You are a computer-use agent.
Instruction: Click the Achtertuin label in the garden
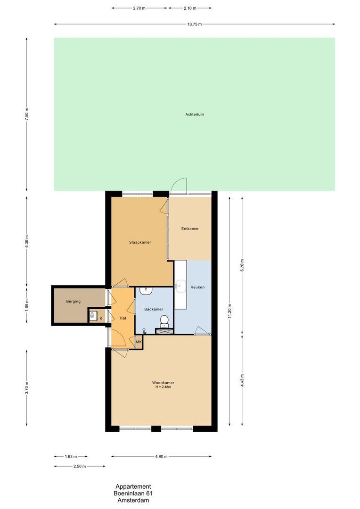pyautogui.click(x=195, y=114)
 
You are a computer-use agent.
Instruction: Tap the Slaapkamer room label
pyautogui.click(x=140, y=242)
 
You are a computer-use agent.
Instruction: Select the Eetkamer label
pyautogui.click(x=190, y=229)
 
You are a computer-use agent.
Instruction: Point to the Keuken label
pyautogui.click(x=197, y=287)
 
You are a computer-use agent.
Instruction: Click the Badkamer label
pyautogui.click(x=154, y=309)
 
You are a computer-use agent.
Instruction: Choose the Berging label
pyautogui.click(x=73, y=301)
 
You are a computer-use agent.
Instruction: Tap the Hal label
pyautogui.click(x=123, y=318)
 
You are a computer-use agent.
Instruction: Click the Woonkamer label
pyautogui.click(x=163, y=382)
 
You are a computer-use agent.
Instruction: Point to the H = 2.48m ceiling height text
pyautogui.click(x=163, y=387)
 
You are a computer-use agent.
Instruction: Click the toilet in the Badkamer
pyautogui.click(x=164, y=320)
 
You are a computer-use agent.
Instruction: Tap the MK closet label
pyautogui.click(x=139, y=342)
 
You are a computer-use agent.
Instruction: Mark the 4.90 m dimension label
pyautogui.click(x=161, y=456)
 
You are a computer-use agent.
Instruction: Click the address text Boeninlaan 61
pyautogui.click(x=133, y=493)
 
